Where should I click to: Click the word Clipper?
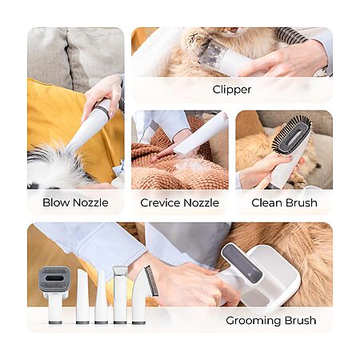pos(232,90)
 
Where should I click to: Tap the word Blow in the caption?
pos(56,202)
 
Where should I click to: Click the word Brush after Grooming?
pos(301,320)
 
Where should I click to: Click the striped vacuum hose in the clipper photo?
pos(291,35)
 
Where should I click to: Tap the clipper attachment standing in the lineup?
pos(120,294)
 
